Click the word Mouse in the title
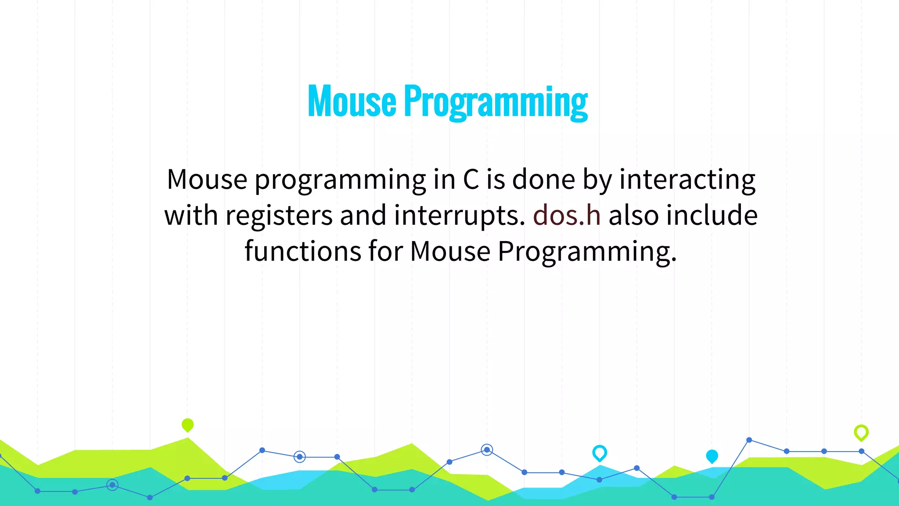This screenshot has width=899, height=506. [x=352, y=101]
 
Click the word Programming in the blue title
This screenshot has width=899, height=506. [x=496, y=102]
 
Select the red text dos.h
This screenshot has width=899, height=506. [x=567, y=215]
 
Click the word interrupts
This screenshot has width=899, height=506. [x=459, y=216]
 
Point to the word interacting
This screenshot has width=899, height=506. [x=687, y=180]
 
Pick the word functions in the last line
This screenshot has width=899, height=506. [x=302, y=251]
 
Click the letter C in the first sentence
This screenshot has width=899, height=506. [x=471, y=180]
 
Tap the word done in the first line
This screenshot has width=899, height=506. [x=543, y=180]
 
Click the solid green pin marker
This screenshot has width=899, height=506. [x=187, y=425]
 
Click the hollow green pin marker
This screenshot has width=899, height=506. [x=861, y=432]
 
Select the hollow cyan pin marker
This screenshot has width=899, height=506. [x=600, y=452]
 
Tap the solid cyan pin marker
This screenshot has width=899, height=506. [x=712, y=456]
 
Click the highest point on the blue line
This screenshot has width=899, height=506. [x=749, y=440]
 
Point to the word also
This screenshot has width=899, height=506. [x=633, y=215]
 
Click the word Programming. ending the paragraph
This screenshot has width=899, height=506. [x=587, y=252]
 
